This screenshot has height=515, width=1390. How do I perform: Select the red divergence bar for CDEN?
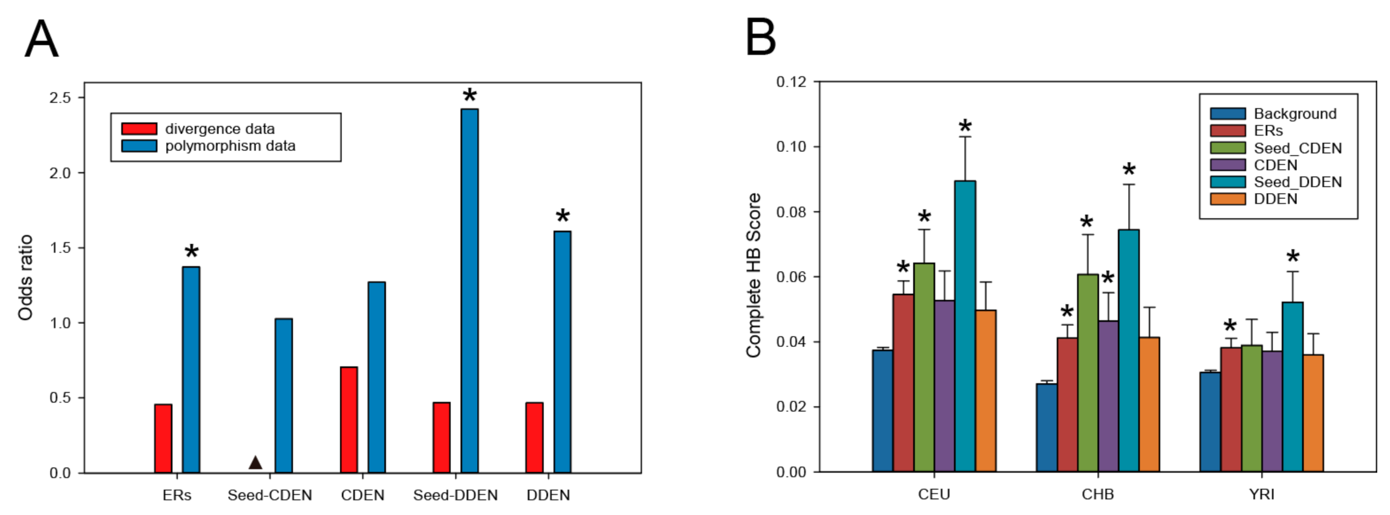[349, 420]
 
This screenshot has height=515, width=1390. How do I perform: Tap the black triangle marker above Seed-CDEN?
[256, 463]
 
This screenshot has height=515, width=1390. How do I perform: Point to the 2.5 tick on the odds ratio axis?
[60, 97]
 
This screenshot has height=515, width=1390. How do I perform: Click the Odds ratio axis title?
[25, 278]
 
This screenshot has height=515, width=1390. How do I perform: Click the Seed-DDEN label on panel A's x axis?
[455, 496]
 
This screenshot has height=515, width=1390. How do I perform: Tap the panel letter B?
[761, 38]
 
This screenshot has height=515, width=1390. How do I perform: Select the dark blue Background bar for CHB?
[1046, 427]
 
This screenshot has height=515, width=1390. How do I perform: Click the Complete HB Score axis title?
[753, 275]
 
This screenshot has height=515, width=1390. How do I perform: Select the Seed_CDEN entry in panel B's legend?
[1297, 148]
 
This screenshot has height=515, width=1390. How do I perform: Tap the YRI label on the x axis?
[1262, 494]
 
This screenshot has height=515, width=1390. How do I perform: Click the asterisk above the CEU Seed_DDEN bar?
[965, 127]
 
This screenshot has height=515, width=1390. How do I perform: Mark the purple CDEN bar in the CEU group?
[944, 386]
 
